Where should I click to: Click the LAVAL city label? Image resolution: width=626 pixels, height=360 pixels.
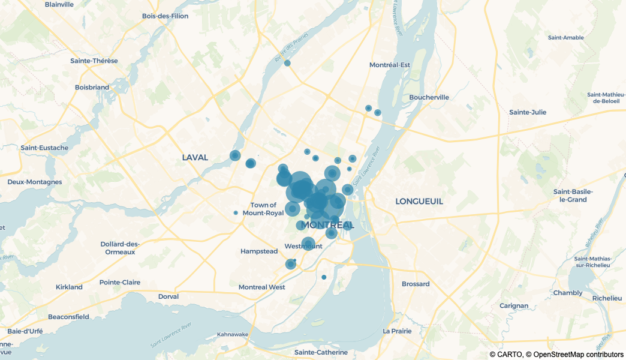coord(195,158)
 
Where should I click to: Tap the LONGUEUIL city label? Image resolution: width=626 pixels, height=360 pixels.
coord(419,202)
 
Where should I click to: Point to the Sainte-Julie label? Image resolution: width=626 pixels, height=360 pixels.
coord(527,112)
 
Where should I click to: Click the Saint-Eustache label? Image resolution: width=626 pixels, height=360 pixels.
coord(44,148)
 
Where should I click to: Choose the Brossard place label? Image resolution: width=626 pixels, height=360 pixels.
coord(416,284)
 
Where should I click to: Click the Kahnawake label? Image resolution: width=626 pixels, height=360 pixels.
coord(232,334)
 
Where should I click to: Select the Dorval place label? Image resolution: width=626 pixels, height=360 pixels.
coord(168,296)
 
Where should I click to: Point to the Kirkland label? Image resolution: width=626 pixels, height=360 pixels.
coord(69,287)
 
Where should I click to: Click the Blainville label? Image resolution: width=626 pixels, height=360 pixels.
coord(59,4)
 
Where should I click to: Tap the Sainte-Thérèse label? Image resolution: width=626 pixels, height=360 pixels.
coord(94,61)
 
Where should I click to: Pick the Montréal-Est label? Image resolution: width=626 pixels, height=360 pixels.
coord(390,65)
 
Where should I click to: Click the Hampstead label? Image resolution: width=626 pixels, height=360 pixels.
coord(259,251)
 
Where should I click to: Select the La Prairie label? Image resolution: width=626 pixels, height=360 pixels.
coord(397,331)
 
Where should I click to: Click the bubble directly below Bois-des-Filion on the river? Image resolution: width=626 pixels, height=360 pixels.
coord(287,63)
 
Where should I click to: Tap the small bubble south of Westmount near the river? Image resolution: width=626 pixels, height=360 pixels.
coord(324,277)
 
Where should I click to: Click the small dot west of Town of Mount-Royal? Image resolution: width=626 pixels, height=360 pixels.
coord(236,213)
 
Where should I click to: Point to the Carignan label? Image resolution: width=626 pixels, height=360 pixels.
coord(514,305)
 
